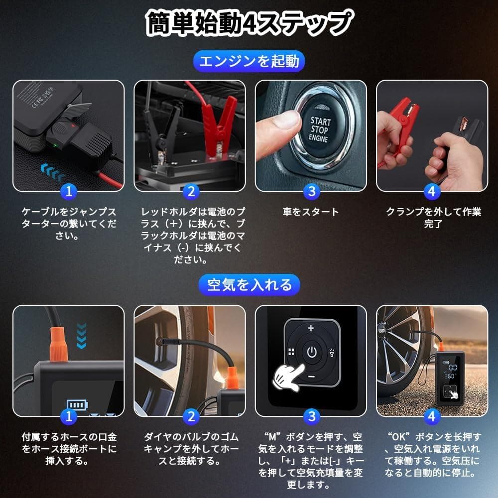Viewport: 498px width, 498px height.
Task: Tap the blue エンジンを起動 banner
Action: pos(249,61)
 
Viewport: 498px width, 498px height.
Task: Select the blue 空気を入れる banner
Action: pos(249,285)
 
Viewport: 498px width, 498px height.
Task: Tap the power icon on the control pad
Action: pos(311,353)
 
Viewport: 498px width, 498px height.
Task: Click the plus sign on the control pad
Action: pos(311,328)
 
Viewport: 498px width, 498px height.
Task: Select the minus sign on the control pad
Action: pos(311,377)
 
